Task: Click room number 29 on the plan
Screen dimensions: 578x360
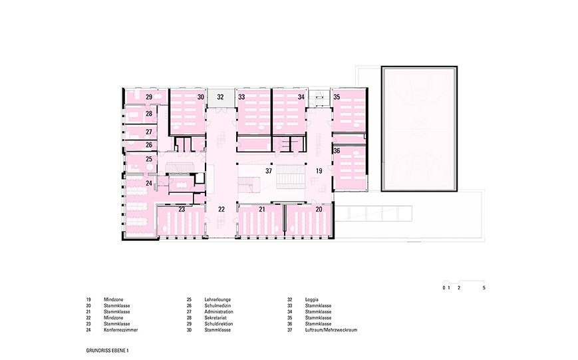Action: [x=149, y=97]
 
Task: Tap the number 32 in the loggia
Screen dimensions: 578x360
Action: [x=220, y=97]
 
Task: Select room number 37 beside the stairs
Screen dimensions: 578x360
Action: [x=269, y=171]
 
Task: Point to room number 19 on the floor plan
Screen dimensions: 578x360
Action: [x=319, y=171]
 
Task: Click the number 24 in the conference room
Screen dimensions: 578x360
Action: [x=149, y=183]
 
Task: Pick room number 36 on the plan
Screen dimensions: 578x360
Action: [x=337, y=151]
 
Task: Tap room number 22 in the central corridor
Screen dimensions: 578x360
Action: [x=221, y=209]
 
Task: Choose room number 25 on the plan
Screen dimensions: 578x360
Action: [x=149, y=159]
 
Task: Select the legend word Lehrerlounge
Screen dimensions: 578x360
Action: [x=217, y=299]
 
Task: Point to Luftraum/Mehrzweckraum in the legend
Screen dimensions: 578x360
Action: [x=331, y=330]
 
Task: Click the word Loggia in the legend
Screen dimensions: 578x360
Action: [x=311, y=299]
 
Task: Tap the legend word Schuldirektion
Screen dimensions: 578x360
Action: [x=219, y=324]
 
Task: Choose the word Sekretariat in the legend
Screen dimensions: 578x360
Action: [x=216, y=317]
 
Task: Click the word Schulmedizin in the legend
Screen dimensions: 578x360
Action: [x=218, y=305]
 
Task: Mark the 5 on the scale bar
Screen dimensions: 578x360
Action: [x=484, y=287]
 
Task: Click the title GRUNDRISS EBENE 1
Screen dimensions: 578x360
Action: [x=108, y=351]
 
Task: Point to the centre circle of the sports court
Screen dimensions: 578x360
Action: [x=420, y=128]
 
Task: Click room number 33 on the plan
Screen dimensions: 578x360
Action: [x=241, y=97]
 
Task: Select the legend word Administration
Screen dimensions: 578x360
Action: [x=219, y=311]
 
